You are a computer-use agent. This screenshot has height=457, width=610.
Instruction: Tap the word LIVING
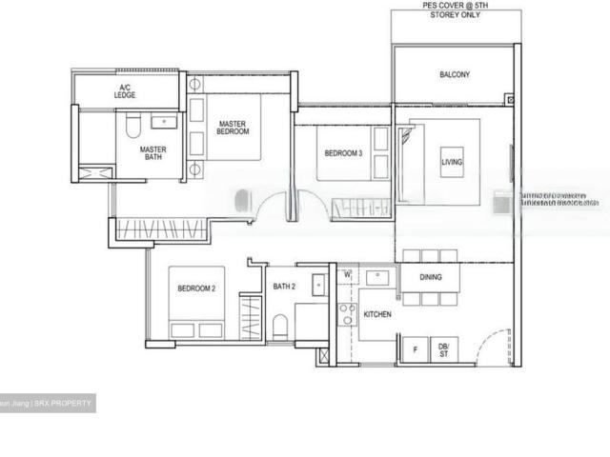[451, 163]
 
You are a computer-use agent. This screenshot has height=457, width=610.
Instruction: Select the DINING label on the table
[430, 277]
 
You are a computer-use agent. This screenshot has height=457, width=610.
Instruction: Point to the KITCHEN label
[378, 313]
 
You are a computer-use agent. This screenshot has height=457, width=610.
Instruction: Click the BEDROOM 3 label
[342, 153]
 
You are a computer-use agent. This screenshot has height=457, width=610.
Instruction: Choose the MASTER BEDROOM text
[234, 128]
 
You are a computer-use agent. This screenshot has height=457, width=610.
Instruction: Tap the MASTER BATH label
[153, 154]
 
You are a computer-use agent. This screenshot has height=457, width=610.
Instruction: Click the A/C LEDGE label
[125, 91]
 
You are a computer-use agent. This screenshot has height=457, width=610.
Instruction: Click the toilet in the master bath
[134, 124]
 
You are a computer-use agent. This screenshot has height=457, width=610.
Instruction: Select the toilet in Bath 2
[279, 327]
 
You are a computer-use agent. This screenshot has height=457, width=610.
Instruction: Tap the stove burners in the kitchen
[347, 314]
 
